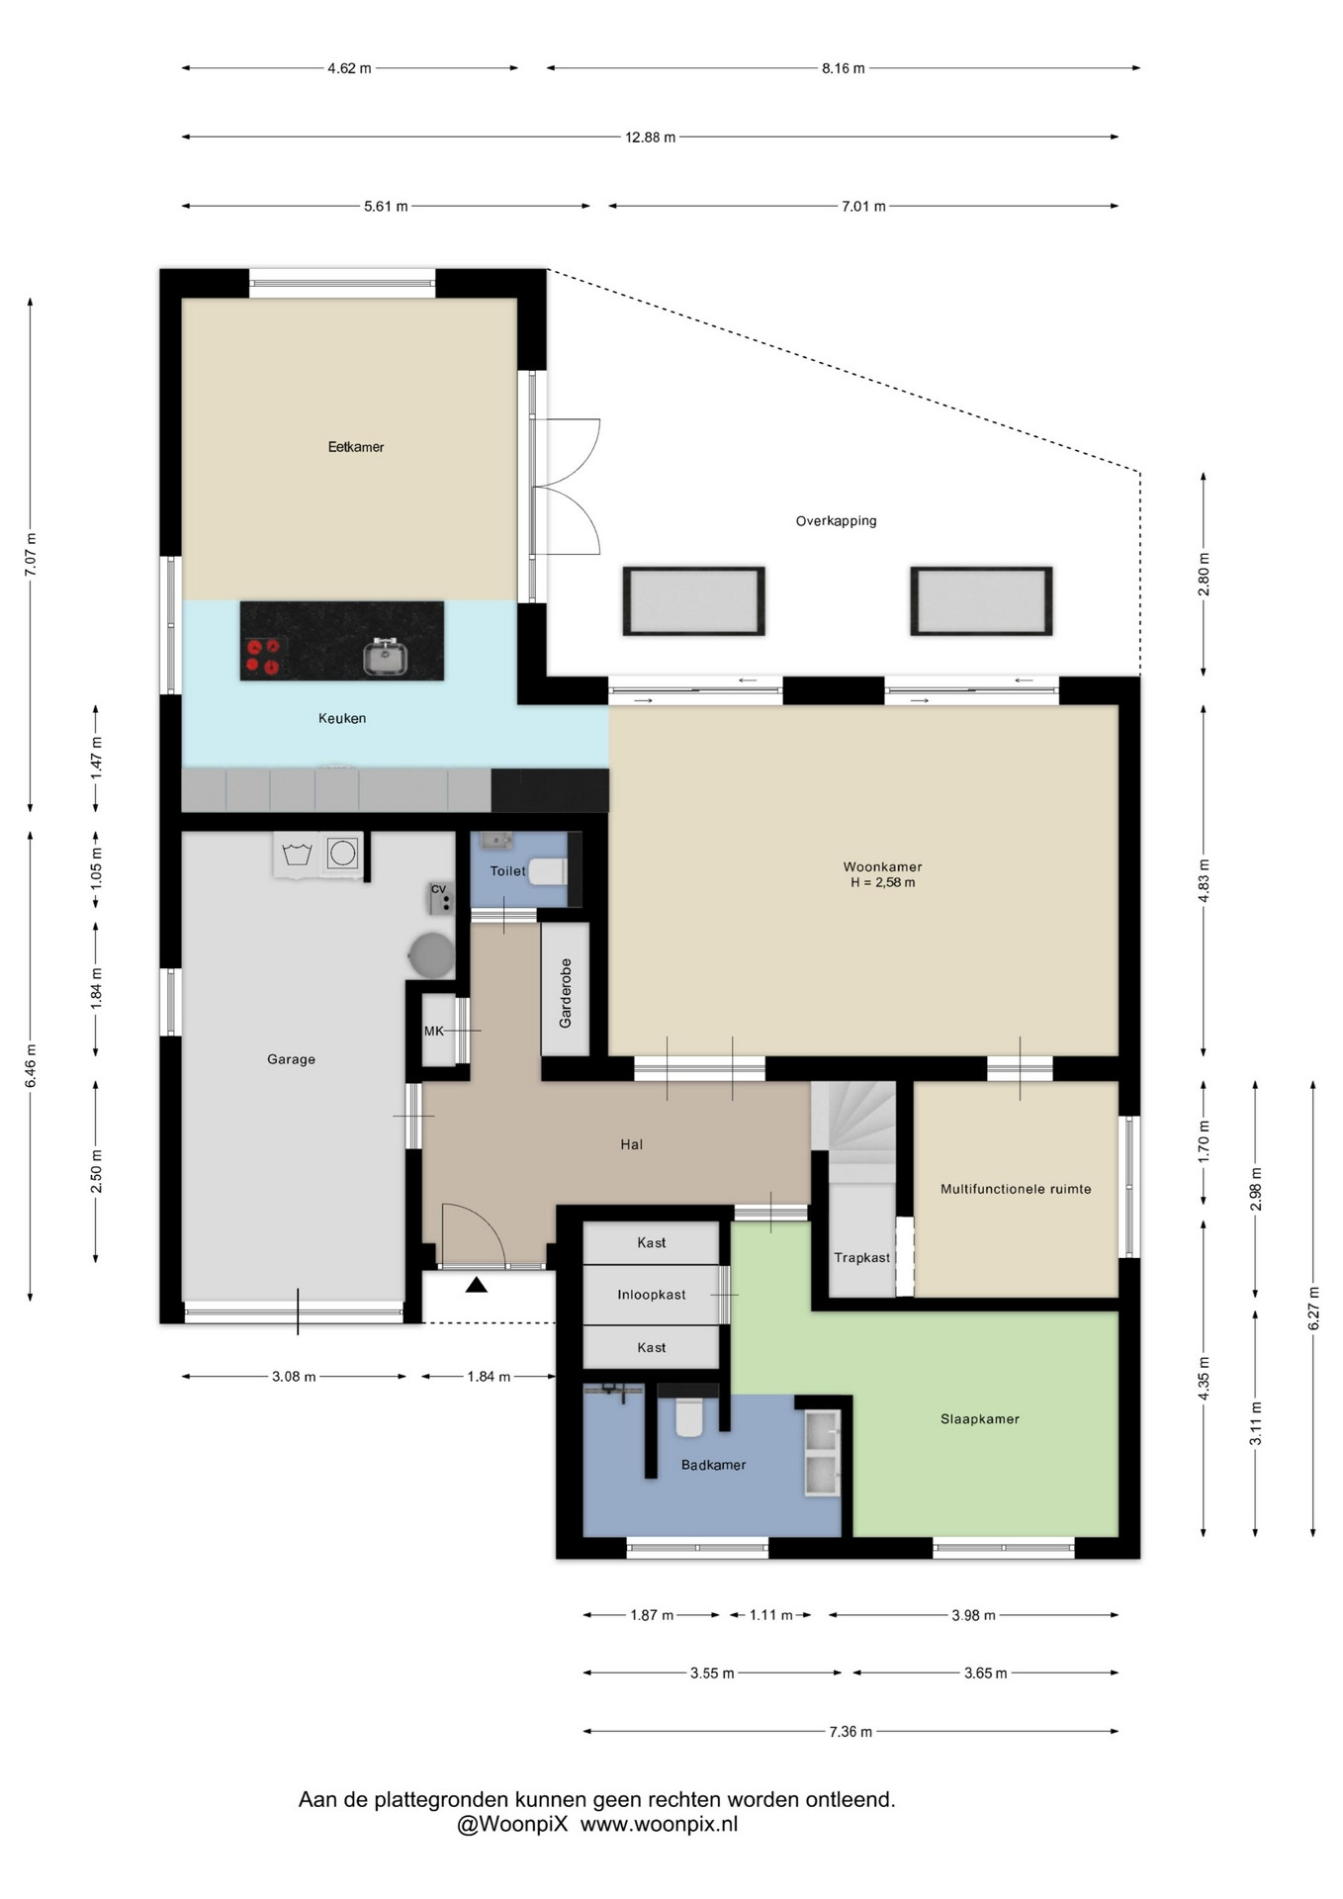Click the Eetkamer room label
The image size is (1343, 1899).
pyautogui.click(x=356, y=447)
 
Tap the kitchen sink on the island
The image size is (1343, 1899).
pyautogui.click(x=385, y=657)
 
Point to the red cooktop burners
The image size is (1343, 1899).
pyautogui.click(x=263, y=657)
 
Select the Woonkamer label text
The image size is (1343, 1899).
pyautogui.click(x=882, y=866)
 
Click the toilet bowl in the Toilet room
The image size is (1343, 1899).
pyautogui.click(x=549, y=871)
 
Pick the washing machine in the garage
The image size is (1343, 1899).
pyautogui.click(x=342, y=853)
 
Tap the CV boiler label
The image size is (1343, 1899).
pyautogui.click(x=438, y=888)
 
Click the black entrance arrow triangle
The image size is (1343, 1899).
pyautogui.click(x=477, y=1285)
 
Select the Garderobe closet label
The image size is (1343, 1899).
pyautogui.click(x=566, y=993)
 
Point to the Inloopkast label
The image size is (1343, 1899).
pyautogui.click(x=652, y=1295)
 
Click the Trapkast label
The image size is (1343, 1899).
pyautogui.click(x=861, y=1258)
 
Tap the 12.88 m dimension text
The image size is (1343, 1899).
pyautogui.click(x=651, y=137)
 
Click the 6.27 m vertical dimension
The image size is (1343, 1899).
pyautogui.click(x=1313, y=1309)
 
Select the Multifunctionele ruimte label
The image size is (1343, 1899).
pyautogui.click(x=1016, y=1189)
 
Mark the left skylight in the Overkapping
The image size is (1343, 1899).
pyautogui.click(x=693, y=600)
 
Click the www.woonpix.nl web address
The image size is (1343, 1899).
pyautogui.click(x=659, y=1825)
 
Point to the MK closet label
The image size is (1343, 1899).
pyautogui.click(x=434, y=1031)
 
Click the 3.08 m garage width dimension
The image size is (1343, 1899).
pyautogui.click(x=294, y=1377)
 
